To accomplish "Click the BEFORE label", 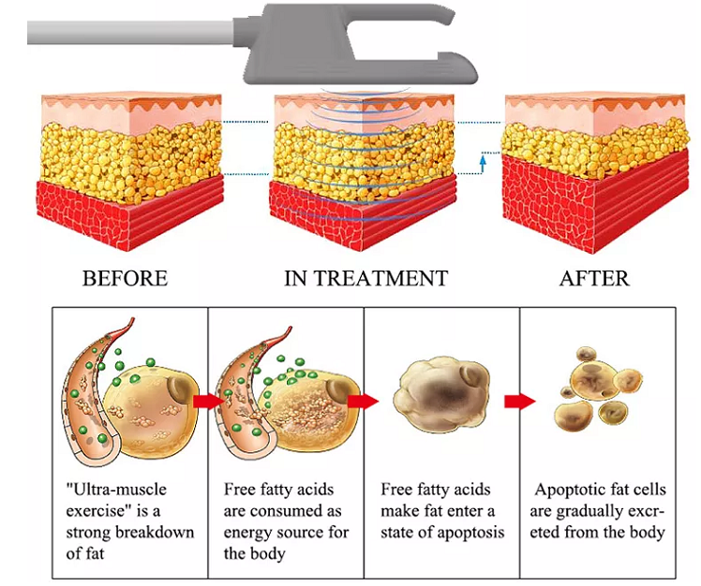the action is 125,278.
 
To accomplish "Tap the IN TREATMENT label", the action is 365,278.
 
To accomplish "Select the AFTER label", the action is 594,278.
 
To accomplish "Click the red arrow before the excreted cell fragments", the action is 519,401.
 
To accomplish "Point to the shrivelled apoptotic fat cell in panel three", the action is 440,394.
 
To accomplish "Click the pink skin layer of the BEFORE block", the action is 131,114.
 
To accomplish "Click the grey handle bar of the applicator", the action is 130,32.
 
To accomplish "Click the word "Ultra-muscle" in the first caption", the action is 116,490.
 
